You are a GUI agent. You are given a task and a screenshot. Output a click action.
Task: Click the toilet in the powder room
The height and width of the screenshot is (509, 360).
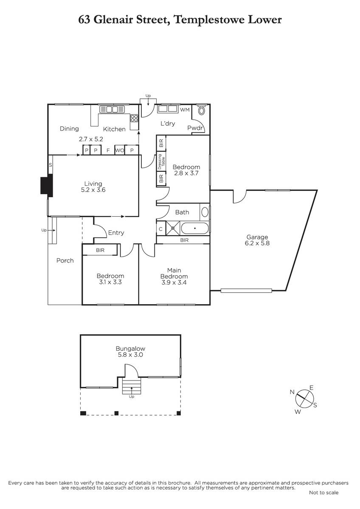tap(201, 110)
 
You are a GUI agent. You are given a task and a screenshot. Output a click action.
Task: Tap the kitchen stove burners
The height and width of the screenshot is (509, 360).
tap(134, 118)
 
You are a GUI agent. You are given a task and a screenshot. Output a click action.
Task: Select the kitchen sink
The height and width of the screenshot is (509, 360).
tap(112, 109)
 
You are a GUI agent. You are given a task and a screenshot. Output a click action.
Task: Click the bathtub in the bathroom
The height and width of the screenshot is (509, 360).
tap(194, 228)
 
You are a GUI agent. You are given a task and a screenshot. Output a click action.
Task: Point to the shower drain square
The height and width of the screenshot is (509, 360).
tap(173, 228)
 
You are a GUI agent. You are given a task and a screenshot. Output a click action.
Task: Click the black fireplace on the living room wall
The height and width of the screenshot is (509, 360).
tap(47, 185)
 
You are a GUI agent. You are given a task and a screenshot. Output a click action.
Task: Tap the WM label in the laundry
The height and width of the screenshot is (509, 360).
tap(185, 110)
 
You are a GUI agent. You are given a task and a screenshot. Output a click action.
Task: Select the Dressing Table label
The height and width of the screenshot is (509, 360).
tap(161, 162)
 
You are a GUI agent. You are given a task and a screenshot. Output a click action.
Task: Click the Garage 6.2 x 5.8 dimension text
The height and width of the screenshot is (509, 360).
tap(257, 240)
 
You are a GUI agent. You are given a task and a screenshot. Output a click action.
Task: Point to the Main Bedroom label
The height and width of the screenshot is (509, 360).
tap(174, 273)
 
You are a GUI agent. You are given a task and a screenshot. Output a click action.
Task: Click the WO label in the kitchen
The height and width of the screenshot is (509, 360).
tap(119, 151)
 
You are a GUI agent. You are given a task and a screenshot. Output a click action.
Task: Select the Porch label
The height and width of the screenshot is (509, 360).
tap(65, 260)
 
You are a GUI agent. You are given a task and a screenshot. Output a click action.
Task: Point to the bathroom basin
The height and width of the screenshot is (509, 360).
tap(205, 212)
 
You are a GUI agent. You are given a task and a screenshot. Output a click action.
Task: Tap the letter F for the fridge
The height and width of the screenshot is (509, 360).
tap(108, 151)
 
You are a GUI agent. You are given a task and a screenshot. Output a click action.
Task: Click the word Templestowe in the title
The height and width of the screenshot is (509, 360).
tap(209, 20)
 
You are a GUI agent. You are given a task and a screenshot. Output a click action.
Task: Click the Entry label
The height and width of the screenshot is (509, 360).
tap(116, 233)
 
